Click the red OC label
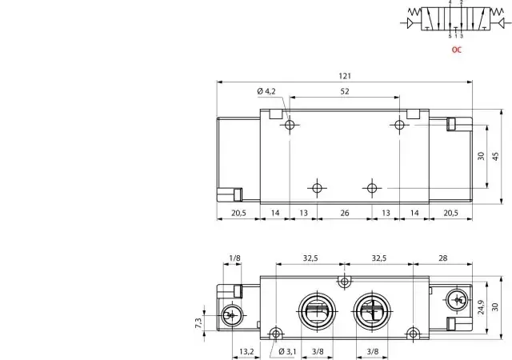[457, 50]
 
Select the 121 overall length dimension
[345, 76]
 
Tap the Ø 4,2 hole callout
[266, 91]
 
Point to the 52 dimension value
[345, 91]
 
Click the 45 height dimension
[496, 156]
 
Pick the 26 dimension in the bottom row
[345, 213]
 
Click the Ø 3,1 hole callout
[287, 351]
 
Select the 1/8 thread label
[234, 258]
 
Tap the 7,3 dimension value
[198, 323]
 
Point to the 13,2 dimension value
[246, 351]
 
